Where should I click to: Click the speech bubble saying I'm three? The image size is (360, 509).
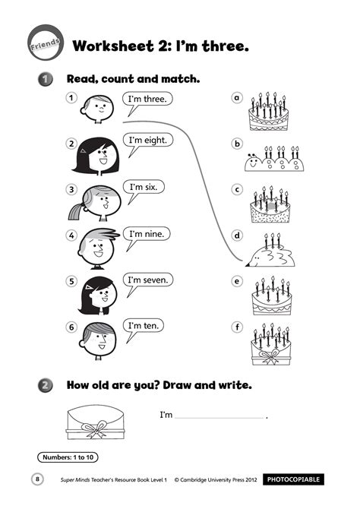coord(149,100)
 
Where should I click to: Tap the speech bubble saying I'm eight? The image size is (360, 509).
coord(149,141)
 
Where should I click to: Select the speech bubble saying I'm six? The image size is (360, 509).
coord(147,188)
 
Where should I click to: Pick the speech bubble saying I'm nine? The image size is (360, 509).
coord(149,234)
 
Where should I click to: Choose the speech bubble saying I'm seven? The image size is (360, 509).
coord(149,280)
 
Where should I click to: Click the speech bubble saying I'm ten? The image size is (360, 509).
coord(144,327)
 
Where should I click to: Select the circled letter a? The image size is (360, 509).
coord(237,98)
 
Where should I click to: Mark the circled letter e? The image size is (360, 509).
coord(237,281)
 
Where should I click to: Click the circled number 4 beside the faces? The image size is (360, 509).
coord(71,235)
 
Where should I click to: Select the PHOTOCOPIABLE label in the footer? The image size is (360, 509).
coord(294,479)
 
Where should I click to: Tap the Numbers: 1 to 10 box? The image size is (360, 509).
coord(68,457)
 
